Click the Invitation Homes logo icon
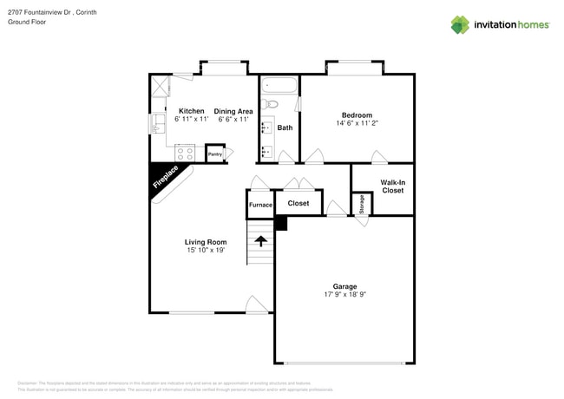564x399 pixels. [459, 24]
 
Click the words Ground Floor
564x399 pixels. [27, 23]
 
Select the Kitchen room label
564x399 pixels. [191, 111]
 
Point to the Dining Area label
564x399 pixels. [233, 111]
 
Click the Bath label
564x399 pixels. [285, 128]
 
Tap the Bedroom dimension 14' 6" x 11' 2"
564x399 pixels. [357, 124]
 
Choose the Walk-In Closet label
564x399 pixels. [392, 186]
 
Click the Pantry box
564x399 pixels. [215, 154]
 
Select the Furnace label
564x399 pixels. [260, 205]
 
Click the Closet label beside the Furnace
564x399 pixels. [298, 203]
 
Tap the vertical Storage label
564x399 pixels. [362, 204]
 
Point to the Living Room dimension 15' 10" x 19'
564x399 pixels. [206, 251]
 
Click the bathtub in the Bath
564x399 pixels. [279, 86]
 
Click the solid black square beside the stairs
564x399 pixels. [280, 224]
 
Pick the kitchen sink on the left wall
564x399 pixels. [158, 125]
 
